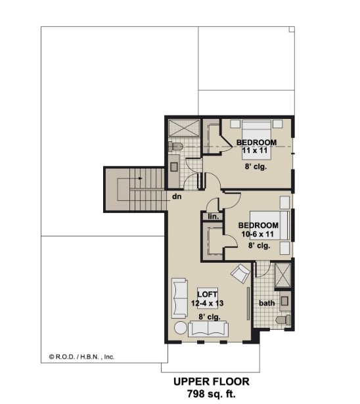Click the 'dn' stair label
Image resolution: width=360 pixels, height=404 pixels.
click(177, 196)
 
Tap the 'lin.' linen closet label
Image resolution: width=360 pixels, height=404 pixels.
click(214, 216)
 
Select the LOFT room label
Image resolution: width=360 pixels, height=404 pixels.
click(207, 294)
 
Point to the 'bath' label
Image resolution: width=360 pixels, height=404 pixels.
click(267, 303)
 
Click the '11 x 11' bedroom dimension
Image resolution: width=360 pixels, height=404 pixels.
click(255, 150)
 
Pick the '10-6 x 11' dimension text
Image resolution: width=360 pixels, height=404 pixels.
click(258, 235)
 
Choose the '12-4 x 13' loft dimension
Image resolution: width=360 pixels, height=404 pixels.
click(207, 303)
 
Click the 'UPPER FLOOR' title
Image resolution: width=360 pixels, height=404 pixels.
click(212, 382)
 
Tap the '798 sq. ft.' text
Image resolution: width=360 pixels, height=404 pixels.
click(212, 394)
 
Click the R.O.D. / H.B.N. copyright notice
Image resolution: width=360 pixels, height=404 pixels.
click(81, 357)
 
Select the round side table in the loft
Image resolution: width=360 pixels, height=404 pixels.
click(181, 328)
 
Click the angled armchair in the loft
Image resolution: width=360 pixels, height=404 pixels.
click(240, 274)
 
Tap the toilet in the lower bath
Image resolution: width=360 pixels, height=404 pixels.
click(283, 321)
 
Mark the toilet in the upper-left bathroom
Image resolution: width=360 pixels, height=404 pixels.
click(175, 147)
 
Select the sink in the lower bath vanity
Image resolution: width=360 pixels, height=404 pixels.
click(284, 301)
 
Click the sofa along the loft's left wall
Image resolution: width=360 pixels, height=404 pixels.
click(179, 298)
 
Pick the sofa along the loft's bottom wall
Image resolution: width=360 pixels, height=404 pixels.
click(208, 329)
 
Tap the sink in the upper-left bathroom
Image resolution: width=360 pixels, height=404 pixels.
click(174, 167)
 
